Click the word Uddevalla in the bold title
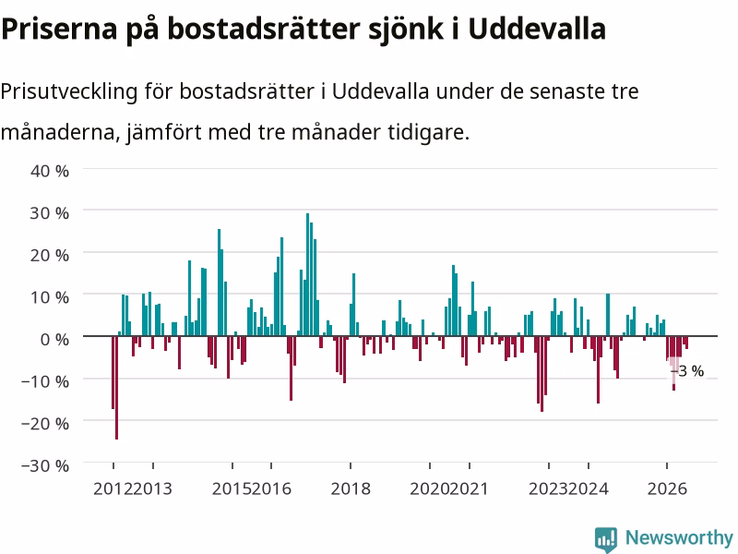pyautogui.click(x=537, y=29)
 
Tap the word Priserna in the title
pyautogui.click(x=59, y=29)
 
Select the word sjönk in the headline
pyautogui.click(x=406, y=30)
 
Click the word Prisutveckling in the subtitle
pyautogui.click(x=68, y=91)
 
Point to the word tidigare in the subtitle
pyautogui.click(x=429, y=132)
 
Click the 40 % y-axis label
pyautogui.click(x=50, y=171)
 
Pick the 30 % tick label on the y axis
pyautogui.click(x=50, y=213)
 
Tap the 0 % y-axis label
pyautogui.click(x=54, y=339)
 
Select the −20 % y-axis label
pyautogui.click(x=45, y=423)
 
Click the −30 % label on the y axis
pyautogui.click(x=45, y=465)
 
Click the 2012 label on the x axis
pyautogui.click(x=113, y=488)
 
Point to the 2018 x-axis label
pyautogui.click(x=351, y=488)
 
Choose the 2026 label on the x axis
pyautogui.click(x=667, y=488)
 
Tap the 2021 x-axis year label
pyautogui.click(x=469, y=488)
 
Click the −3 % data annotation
pyautogui.click(x=687, y=371)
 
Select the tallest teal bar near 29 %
pyautogui.click(x=307, y=274)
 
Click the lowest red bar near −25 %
pyautogui.click(x=117, y=388)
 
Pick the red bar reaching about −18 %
pyautogui.click(x=542, y=374)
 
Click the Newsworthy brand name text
pyautogui.click(x=679, y=537)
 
